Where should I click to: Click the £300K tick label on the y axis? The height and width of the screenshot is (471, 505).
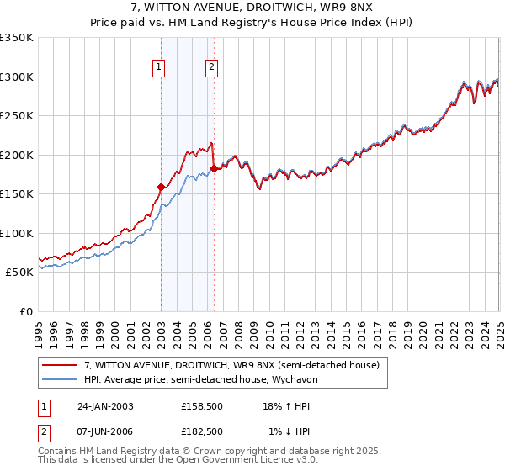[17, 77]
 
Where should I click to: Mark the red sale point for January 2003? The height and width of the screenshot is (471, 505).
[161, 187]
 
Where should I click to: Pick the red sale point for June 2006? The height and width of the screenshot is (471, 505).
[215, 168]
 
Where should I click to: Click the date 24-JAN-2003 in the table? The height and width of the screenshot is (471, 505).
[105, 405]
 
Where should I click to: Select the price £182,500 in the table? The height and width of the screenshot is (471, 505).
[202, 431]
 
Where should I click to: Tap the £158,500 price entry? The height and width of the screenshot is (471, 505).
[202, 405]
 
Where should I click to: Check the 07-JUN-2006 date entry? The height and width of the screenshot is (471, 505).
[105, 431]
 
